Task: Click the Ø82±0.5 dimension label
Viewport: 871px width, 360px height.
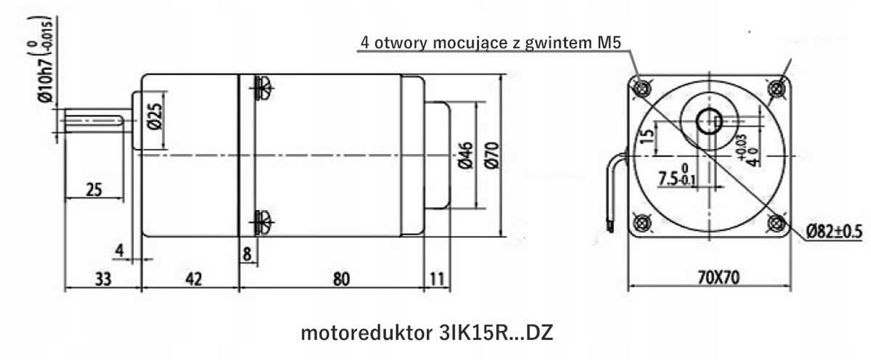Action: [x=833, y=232]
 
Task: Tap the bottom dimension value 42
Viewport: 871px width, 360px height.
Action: [x=189, y=277]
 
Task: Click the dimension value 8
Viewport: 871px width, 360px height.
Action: [x=248, y=253]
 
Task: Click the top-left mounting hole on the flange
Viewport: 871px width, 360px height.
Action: [x=641, y=89]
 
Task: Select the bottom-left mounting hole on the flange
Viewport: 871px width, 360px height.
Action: [x=641, y=223]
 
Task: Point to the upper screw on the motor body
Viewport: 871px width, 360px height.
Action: [x=262, y=88]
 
